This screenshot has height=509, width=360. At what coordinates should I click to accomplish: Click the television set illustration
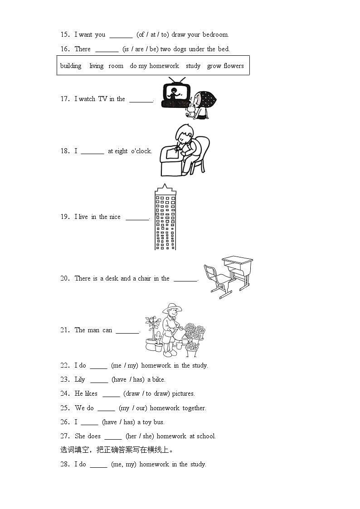click(x=175, y=94)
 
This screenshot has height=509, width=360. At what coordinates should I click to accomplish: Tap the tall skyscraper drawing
click(x=165, y=218)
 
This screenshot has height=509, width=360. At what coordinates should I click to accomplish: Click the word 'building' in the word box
click(x=71, y=66)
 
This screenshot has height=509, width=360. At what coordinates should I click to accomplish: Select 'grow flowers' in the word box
click(x=225, y=66)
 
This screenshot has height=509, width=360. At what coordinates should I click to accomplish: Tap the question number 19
click(x=64, y=217)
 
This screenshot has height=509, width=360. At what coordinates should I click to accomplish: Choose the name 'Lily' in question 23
click(x=80, y=379)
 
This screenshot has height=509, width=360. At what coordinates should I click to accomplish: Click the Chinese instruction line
click(x=117, y=450)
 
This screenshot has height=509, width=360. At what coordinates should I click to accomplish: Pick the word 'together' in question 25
click(x=194, y=408)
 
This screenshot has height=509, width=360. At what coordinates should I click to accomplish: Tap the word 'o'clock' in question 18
click(x=141, y=151)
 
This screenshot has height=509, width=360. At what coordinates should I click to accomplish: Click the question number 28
click(x=64, y=464)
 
